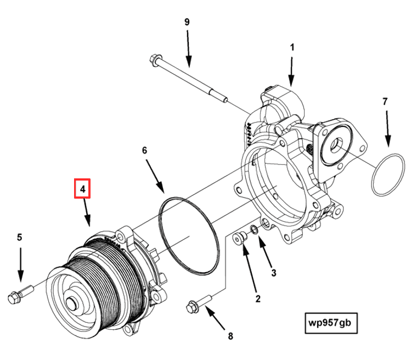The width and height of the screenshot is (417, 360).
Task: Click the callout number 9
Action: (187, 22)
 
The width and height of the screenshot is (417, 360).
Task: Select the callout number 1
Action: (292, 48)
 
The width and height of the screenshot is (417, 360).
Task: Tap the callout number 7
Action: (385, 102)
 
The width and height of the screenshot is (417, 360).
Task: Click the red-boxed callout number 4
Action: (82, 189)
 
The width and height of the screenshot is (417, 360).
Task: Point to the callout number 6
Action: (145, 150)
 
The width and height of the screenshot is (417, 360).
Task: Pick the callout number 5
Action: (19, 237)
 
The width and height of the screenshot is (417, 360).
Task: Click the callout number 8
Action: (230, 335)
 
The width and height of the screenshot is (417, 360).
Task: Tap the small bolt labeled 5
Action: (15, 297)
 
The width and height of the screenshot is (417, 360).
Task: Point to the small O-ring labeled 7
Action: (387, 175)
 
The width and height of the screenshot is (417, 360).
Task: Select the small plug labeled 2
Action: (239, 239)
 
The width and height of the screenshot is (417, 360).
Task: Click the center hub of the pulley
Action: (72, 303)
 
